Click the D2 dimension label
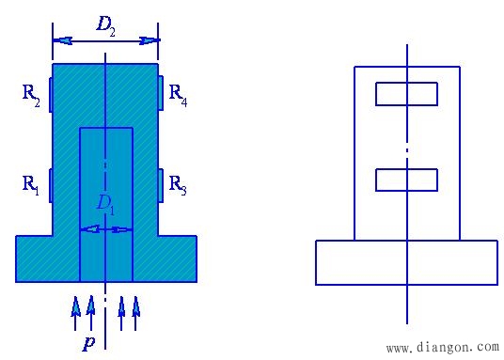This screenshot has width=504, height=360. tap(105, 25)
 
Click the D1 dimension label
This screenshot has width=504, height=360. tap(105, 204)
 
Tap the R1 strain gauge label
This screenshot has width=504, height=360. tap(31, 185)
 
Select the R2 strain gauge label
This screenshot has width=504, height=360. tap(31, 95)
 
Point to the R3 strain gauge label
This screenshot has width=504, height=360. tap(178, 185)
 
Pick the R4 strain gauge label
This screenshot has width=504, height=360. tap(178, 95)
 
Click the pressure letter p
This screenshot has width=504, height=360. tap(88, 343)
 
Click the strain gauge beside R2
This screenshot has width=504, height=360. tap(51, 95)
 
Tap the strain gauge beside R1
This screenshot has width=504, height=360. tap(51, 186)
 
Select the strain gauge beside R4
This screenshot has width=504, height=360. tap(161, 93)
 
